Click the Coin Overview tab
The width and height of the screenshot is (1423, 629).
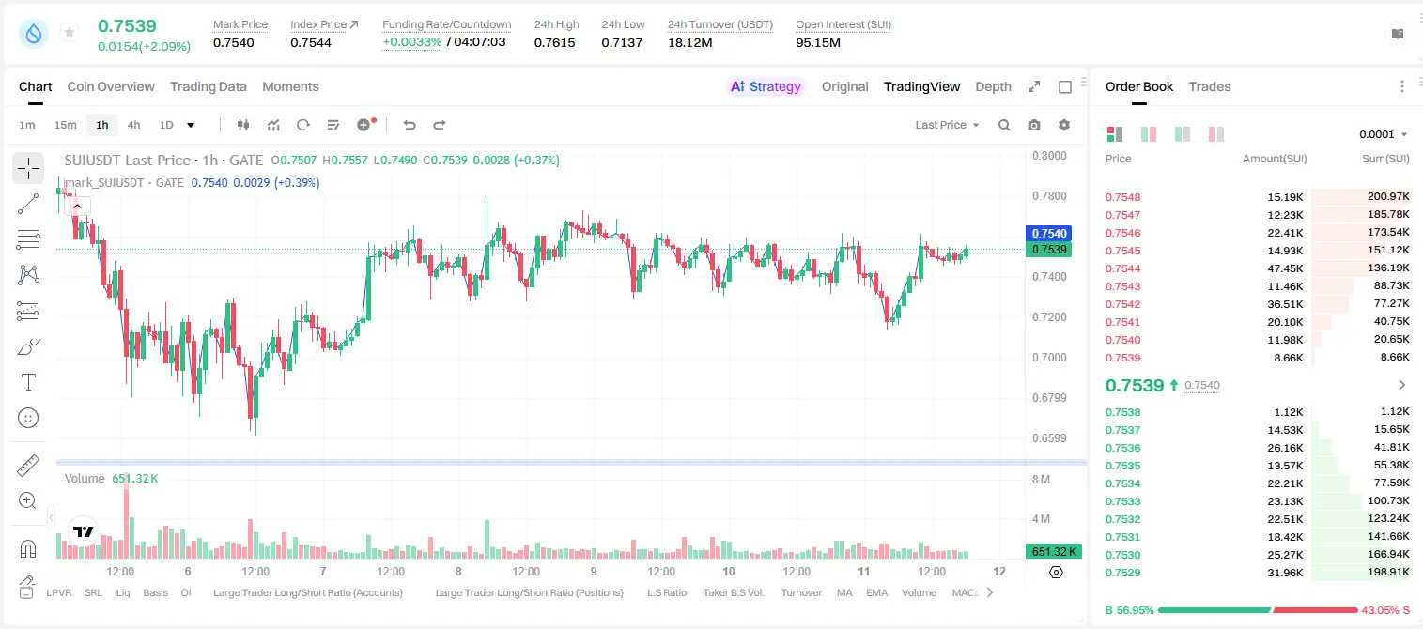pyautogui.click(x=111, y=86)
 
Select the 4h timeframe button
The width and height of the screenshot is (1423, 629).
pyautogui.click(x=133, y=125)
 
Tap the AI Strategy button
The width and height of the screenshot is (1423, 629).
pyautogui.click(x=766, y=86)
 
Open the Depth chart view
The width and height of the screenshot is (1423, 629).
pyautogui.click(x=993, y=86)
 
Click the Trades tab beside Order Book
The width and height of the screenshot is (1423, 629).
pyautogui.click(x=1210, y=86)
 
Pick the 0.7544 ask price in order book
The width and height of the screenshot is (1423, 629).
pyautogui.click(x=1122, y=268)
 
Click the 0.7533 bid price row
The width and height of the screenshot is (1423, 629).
pyautogui.click(x=1122, y=501)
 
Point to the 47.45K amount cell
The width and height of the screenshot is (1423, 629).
pyautogui.click(x=1285, y=268)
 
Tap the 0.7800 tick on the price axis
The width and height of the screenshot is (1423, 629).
pyautogui.click(x=1049, y=196)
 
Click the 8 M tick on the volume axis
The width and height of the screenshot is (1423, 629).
pyautogui.click(x=1042, y=479)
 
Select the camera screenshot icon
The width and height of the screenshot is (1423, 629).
pyautogui.click(x=1034, y=125)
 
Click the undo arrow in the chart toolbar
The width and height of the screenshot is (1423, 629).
pyautogui.click(x=410, y=125)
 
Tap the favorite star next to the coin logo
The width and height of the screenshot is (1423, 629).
pyautogui.click(x=70, y=32)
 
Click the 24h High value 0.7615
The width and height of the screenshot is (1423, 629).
pyautogui.click(x=554, y=42)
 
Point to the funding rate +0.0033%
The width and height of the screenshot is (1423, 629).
pyautogui.click(x=411, y=42)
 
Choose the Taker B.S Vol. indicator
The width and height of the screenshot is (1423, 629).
pyautogui.click(x=733, y=592)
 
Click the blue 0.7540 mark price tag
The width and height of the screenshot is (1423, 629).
pyautogui.click(x=1049, y=233)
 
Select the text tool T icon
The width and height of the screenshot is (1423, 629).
pyautogui.click(x=28, y=382)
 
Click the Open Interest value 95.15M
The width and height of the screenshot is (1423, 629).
pyautogui.click(x=818, y=42)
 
